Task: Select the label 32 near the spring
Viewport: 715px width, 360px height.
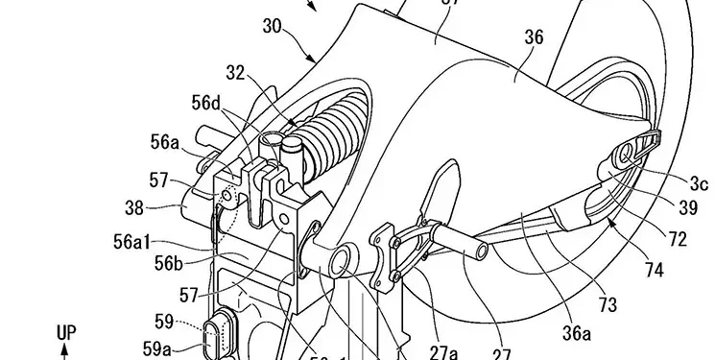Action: click(x=236, y=71)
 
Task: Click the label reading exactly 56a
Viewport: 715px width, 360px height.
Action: click(x=164, y=142)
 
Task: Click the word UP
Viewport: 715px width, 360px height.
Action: click(x=65, y=332)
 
